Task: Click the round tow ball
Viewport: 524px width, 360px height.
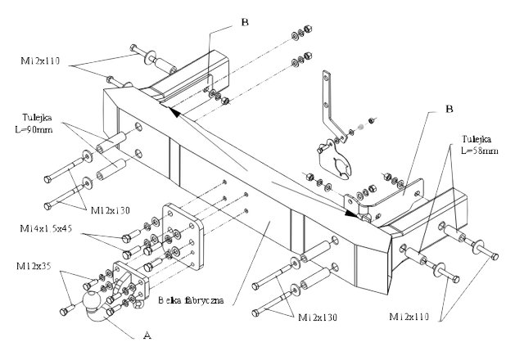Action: (x=91, y=307)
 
